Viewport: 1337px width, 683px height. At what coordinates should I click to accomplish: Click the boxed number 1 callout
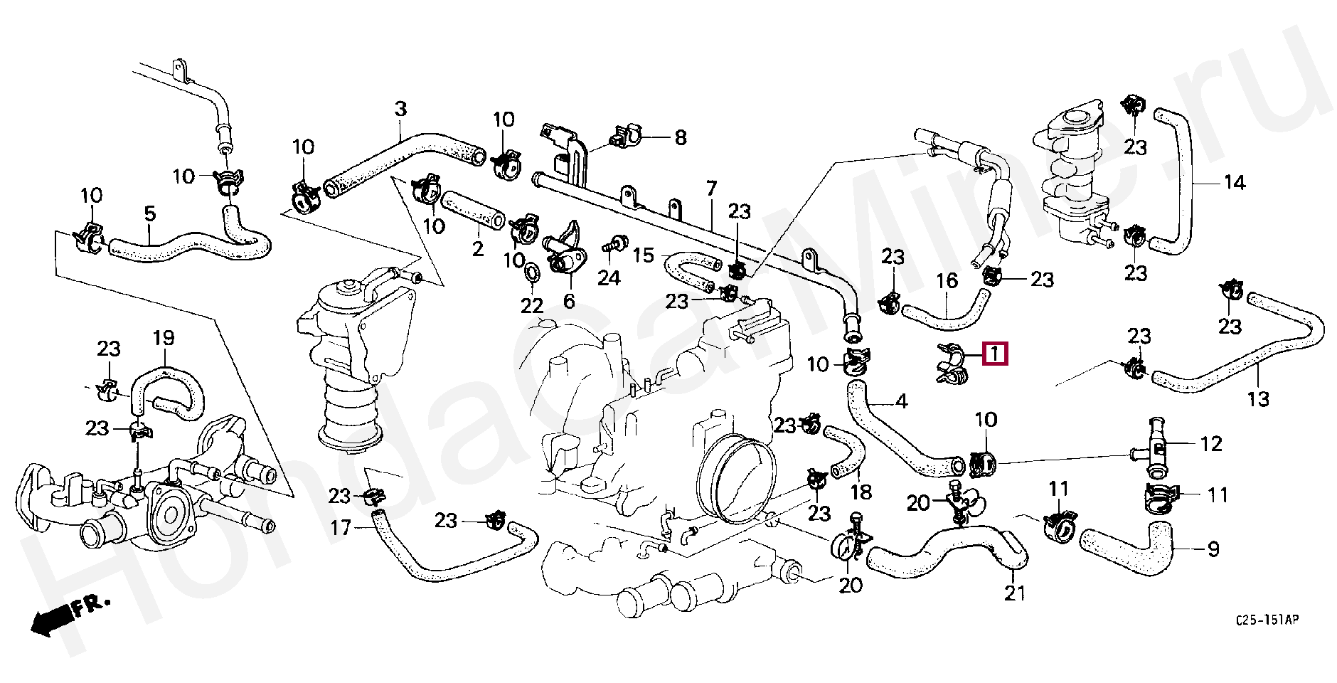click(995, 353)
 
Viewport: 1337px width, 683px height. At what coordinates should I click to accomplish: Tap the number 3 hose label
click(400, 110)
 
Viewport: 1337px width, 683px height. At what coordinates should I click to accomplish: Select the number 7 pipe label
click(710, 189)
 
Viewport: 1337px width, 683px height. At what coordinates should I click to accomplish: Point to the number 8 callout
click(681, 137)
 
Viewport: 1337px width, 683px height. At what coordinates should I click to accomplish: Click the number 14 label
click(1235, 183)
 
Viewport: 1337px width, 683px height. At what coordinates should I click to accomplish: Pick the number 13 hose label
click(1258, 399)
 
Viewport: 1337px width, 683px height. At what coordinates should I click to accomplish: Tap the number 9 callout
click(1213, 549)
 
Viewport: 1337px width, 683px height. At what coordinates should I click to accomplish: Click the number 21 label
click(1015, 592)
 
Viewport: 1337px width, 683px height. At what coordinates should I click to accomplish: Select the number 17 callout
click(341, 528)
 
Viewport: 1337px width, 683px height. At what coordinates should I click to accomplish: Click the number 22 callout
click(531, 306)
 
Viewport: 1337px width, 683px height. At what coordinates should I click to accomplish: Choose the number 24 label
click(609, 277)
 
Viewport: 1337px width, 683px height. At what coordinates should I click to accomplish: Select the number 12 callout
click(1211, 444)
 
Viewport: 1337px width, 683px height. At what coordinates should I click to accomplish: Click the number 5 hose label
click(149, 213)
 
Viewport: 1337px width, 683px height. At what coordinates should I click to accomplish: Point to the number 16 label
click(947, 282)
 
